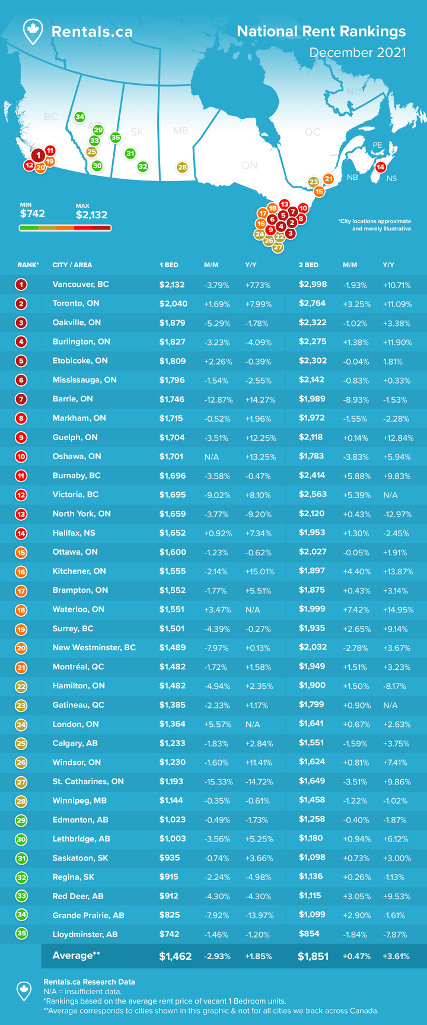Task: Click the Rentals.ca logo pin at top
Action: [33, 31]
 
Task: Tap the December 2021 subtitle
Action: [358, 52]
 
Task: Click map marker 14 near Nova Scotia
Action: [380, 167]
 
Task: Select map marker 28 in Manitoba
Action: [182, 167]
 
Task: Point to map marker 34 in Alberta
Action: [79, 117]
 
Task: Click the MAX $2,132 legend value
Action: [91, 214]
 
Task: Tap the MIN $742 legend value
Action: [33, 213]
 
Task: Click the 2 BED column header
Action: [308, 265]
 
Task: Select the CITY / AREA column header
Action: [72, 265]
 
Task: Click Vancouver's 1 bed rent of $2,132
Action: [172, 284]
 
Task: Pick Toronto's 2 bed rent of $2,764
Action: [312, 303]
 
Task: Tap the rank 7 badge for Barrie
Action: [21, 399]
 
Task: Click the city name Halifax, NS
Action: [74, 533]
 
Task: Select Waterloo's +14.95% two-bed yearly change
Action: [398, 610]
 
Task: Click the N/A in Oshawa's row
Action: [212, 457]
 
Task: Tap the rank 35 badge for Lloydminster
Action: [21, 934]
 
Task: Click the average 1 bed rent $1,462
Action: [175, 956]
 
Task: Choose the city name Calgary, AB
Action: [75, 744]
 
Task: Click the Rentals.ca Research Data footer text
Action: [89, 982]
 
